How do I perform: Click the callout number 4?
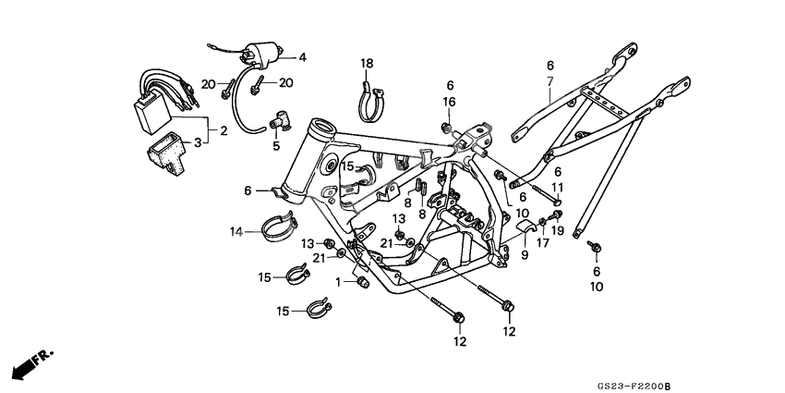pyautogui.click(x=301, y=57)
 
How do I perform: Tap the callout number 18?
pyautogui.click(x=367, y=63)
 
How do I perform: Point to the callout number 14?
pyautogui.click(x=235, y=231)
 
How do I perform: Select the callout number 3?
pyautogui.click(x=196, y=142)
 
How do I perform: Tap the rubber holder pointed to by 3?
pyautogui.click(x=164, y=147)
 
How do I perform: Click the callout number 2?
pyautogui.click(x=223, y=131)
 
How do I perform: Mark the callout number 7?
pyautogui.click(x=549, y=80)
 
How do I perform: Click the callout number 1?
pyautogui.click(x=338, y=281)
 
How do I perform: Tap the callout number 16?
pyautogui.click(x=449, y=102)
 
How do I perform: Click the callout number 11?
pyautogui.click(x=558, y=187)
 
